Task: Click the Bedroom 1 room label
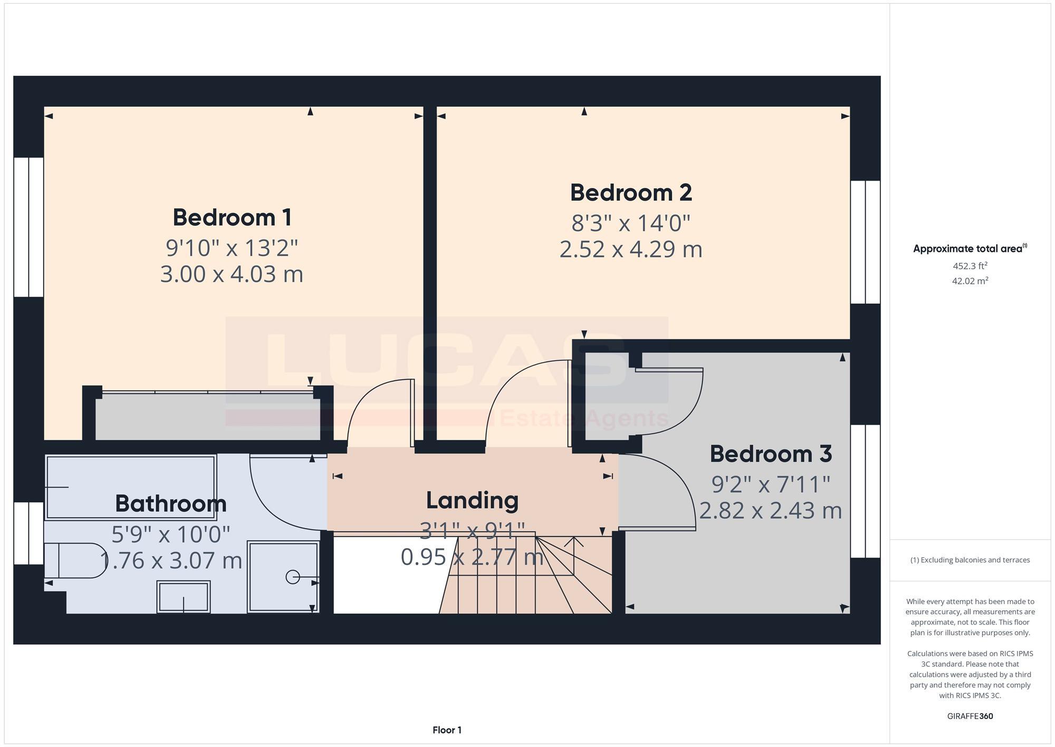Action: (232, 218)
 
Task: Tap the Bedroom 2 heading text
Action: (631, 193)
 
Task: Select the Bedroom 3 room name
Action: (771, 454)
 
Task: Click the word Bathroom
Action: (170, 504)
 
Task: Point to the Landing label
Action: (472, 500)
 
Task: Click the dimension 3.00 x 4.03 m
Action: (232, 275)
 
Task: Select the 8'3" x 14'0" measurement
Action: (631, 223)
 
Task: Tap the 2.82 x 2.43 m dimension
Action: (771, 510)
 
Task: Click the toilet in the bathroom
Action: (74, 561)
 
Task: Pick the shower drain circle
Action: (293, 577)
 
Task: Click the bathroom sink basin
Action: (184, 597)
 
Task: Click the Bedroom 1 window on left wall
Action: (28, 227)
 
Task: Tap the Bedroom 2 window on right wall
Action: (866, 242)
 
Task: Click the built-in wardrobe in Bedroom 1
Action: (207, 415)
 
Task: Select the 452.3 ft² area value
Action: (970, 266)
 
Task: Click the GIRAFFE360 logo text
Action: (970, 716)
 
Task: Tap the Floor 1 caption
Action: (447, 730)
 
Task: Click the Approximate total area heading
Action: (970, 249)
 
